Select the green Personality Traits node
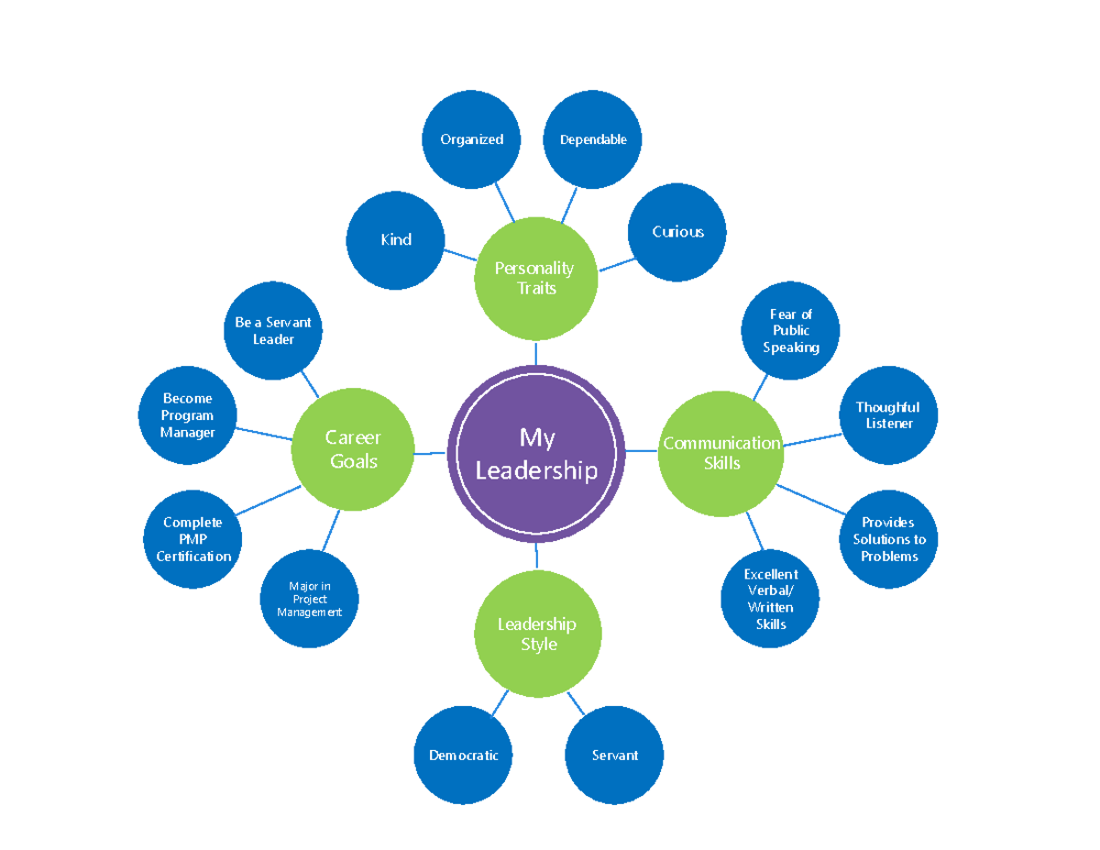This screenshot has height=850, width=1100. (x=535, y=278)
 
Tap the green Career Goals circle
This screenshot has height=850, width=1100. (x=353, y=449)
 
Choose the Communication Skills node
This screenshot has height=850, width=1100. (x=721, y=453)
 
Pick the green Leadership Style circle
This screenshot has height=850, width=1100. (x=537, y=633)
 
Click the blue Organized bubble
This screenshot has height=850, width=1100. (x=471, y=139)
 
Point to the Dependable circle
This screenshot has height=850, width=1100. (x=593, y=139)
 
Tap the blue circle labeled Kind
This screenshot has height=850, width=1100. (x=396, y=239)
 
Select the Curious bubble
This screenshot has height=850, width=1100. (x=677, y=232)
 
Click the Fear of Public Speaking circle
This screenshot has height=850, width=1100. (x=790, y=331)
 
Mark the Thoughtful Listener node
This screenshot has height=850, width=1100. (x=888, y=415)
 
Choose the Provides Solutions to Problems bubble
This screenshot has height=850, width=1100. (x=888, y=539)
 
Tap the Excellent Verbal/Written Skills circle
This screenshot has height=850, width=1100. (x=770, y=599)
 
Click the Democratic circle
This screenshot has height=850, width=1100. (x=464, y=756)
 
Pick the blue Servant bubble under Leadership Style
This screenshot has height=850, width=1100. (x=614, y=756)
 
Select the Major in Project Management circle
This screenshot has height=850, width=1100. (x=309, y=599)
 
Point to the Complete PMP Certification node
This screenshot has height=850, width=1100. (x=193, y=539)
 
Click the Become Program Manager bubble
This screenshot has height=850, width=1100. (x=188, y=415)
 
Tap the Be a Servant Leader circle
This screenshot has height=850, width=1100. (x=273, y=331)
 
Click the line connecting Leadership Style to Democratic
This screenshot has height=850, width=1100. (x=500, y=702)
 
